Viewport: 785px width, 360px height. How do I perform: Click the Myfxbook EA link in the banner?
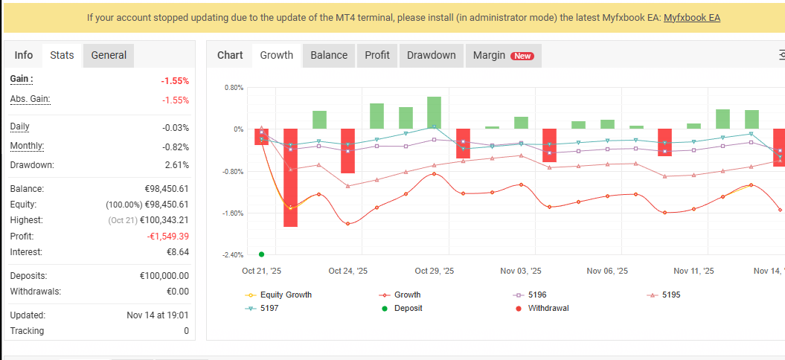click(x=691, y=17)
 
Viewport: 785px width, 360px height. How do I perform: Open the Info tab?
click(x=24, y=55)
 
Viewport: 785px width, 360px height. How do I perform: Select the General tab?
click(x=109, y=55)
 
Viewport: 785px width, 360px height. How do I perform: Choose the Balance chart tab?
click(x=329, y=55)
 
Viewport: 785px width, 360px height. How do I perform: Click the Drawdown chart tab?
click(x=432, y=55)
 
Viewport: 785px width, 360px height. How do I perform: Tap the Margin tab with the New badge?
click(x=503, y=55)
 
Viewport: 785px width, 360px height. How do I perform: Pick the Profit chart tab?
click(x=377, y=55)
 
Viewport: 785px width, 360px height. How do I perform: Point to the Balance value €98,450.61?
click(x=164, y=189)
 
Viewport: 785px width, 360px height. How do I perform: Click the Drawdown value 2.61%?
click(x=176, y=165)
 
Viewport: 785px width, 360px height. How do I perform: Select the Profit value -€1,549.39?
click(x=167, y=237)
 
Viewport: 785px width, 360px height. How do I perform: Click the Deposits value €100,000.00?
click(x=164, y=276)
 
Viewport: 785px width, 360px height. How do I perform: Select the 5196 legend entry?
click(x=536, y=295)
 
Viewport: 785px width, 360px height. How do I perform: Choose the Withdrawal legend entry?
click(x=548, y=308)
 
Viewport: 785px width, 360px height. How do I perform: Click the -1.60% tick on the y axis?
click(x=234, y=213)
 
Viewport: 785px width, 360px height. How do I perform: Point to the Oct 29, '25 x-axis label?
click(x=434, y=271)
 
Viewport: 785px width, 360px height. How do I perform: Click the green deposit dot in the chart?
click(x=261, y=254)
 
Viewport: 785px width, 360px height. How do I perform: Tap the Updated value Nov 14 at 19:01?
click(x=158, y=315)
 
